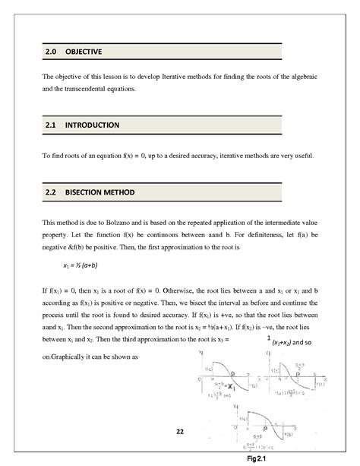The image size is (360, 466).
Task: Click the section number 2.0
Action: [50, 52]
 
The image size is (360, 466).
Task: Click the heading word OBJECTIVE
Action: [84, 52]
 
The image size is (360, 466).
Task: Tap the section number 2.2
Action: [50, 193]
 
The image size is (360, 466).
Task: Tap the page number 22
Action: [180, 432]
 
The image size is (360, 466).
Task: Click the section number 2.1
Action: [50, 124]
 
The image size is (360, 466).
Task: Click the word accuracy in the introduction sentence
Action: [199, 156]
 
